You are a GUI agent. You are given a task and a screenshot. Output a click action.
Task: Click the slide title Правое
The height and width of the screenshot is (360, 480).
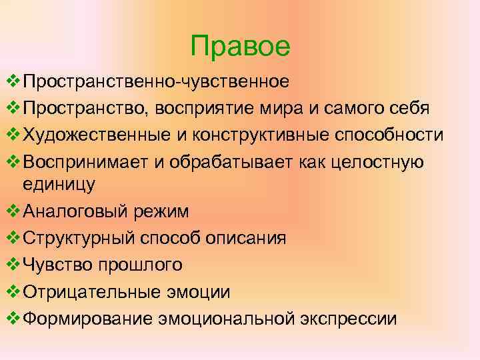coord(240,47)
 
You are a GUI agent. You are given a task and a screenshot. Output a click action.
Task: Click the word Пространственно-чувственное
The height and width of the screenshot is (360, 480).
coord(156,82)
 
